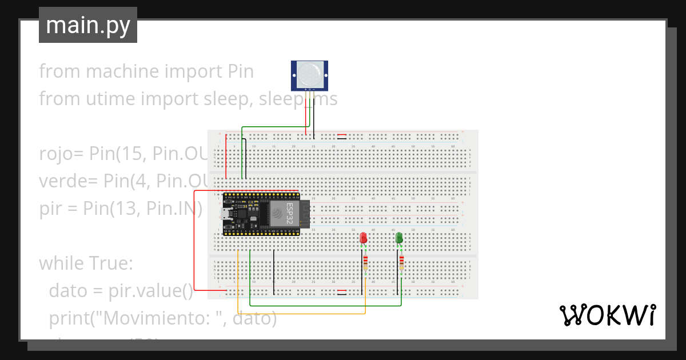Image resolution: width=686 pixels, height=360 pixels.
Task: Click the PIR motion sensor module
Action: [x=309, y=76]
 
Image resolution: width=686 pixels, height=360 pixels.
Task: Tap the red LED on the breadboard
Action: [x=363, y=238]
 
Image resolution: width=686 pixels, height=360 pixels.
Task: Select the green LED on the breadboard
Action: [x=399, y=238]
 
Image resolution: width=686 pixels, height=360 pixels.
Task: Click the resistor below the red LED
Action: [x=366, y=263]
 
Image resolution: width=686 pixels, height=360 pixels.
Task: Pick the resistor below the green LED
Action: [x=401, y=263]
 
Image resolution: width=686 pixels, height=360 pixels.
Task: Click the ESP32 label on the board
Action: [x=290, y=213]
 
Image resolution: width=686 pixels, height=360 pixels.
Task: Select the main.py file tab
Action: [x=88, y=25]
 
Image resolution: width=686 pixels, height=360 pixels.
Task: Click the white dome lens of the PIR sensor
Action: [x=309, y=73]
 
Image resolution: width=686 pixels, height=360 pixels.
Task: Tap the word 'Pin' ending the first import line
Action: [x=240, y=71]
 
